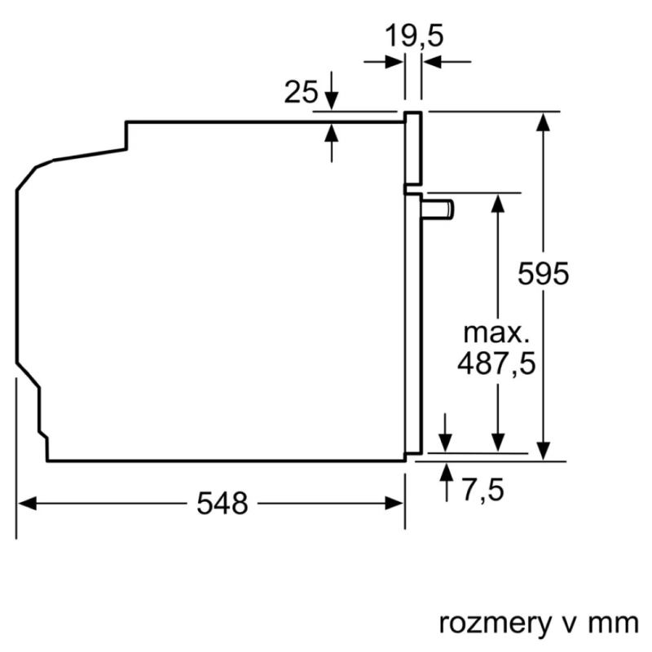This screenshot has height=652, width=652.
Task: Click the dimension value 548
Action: tap(222, 504)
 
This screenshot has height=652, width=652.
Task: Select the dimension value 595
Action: tap(543, 274)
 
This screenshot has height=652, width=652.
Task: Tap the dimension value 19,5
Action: tap(415, 37)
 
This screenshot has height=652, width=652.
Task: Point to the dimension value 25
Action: tap(300, 93)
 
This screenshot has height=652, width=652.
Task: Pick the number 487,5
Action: tap(496, 363)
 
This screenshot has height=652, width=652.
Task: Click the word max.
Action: tap(496, 333)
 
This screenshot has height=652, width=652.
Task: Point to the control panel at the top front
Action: tap(414, 148)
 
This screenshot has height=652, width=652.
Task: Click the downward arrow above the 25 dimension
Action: tap(332, 102)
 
